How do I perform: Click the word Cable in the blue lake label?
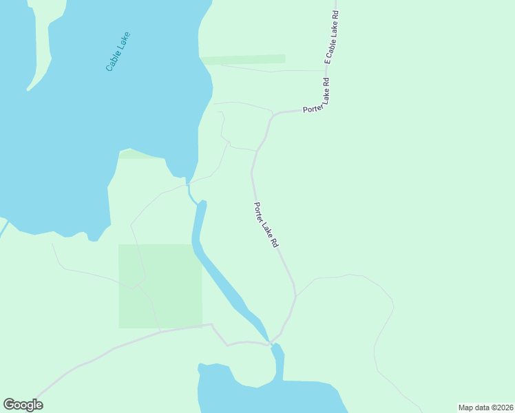113,61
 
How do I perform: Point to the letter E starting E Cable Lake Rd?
328,61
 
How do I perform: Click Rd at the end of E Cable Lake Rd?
337,12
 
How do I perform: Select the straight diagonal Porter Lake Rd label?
266,224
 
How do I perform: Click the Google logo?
23,405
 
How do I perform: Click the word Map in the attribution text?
467,407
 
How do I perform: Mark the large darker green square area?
160,285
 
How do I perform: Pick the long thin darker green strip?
242,59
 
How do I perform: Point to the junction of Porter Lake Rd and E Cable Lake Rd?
326,107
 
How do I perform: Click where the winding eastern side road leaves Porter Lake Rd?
296,296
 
